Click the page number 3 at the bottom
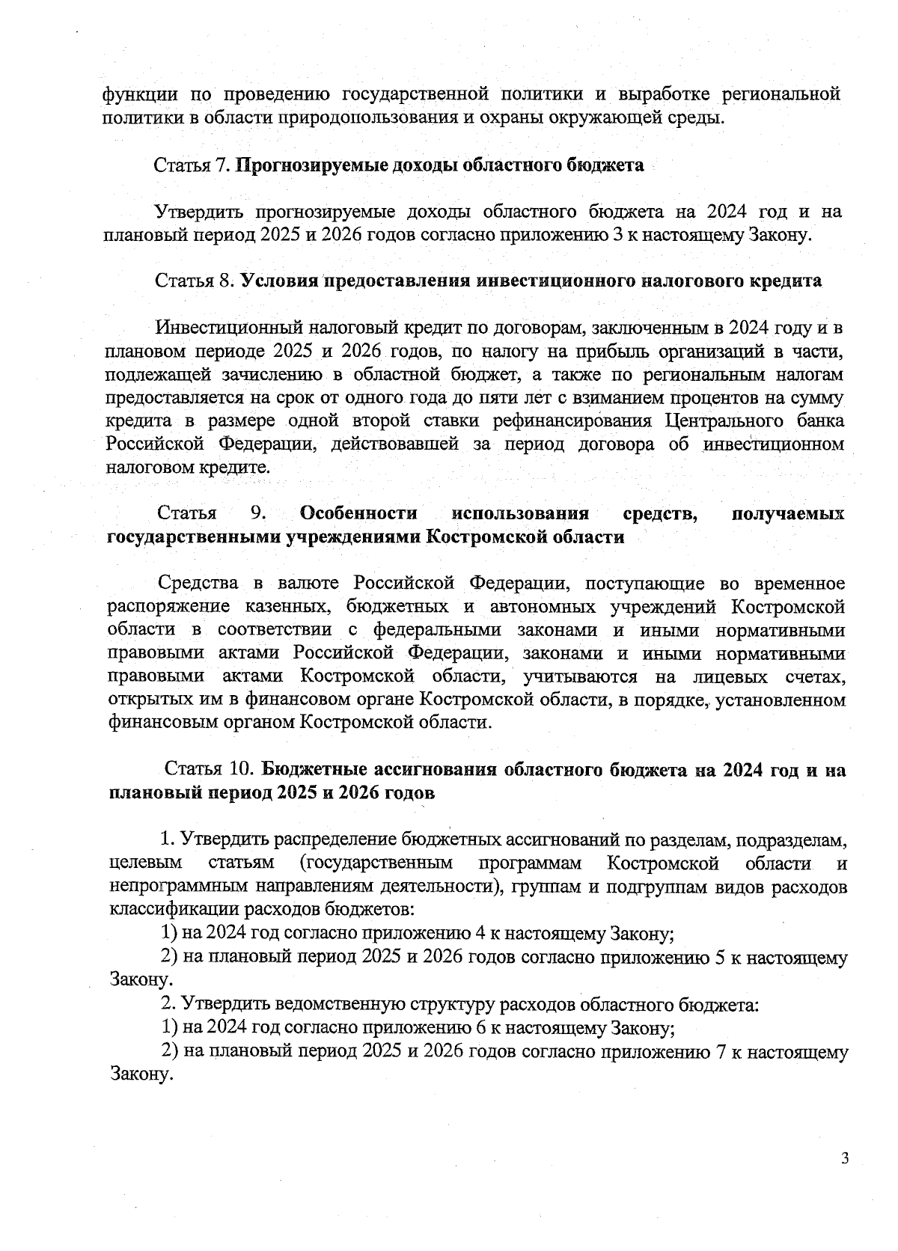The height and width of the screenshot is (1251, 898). tap(845, 1160)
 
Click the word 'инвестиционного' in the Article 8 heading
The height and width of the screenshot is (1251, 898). tap(551, 281)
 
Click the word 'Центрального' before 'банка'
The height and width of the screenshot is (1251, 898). tap(722, 420)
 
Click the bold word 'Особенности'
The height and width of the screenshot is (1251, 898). tap(358, 514)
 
